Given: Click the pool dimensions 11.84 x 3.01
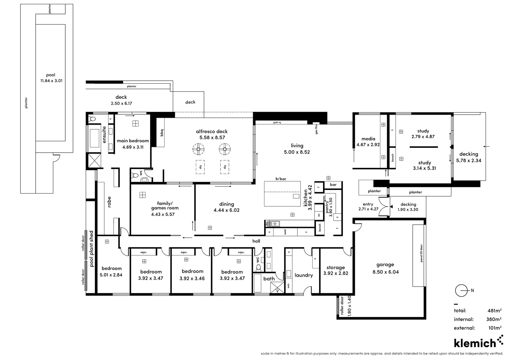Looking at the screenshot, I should tap(51, 81).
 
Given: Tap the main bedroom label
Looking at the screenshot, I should tap(133, 141).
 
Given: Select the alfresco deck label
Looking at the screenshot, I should tap(212, 131).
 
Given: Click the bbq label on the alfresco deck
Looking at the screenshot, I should tap(162, 133).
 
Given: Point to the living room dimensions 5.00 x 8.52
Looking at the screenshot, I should tap(297, 152).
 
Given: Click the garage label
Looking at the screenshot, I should tap(385, 265).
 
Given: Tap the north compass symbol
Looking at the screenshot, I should tap(462, 291).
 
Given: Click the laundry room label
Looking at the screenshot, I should tap(303, 275).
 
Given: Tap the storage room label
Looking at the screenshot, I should tap(335, 267).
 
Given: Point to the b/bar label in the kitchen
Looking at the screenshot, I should tap(280, 179).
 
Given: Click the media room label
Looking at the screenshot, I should tap(368, 139).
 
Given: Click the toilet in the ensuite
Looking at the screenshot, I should tap(92, 119).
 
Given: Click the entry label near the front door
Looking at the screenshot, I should tap(368, 204).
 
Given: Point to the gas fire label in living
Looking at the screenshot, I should tap(316, 129).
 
